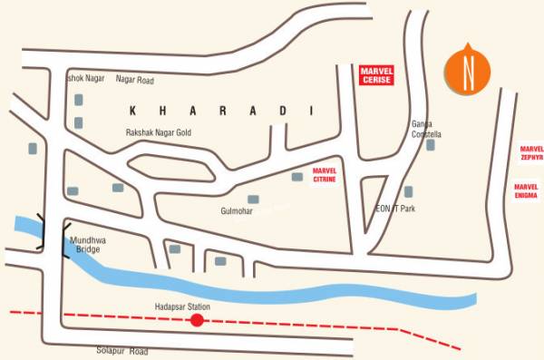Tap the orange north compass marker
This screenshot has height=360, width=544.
(x=468, y=71)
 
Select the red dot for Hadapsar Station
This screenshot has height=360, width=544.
(x=196, y=320)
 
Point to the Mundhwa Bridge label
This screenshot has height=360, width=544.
(x=87, y=244)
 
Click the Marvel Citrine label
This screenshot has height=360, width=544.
(x=324, y=175)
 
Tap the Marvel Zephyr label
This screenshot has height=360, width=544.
(x=532, y=151)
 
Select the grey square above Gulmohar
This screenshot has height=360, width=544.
(x=253, y=199)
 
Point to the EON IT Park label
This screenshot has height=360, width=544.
(x=395, y=209)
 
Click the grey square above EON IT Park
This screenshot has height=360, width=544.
(x=409, y=191)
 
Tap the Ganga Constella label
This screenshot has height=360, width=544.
(x=425, y=129)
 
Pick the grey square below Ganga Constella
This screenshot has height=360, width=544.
(x=431, y=144)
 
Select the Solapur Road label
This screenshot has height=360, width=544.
(x=121, y=350)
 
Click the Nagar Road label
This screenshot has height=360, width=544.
(x=135, y=79)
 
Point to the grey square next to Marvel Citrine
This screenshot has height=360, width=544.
(x=296, y=176)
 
